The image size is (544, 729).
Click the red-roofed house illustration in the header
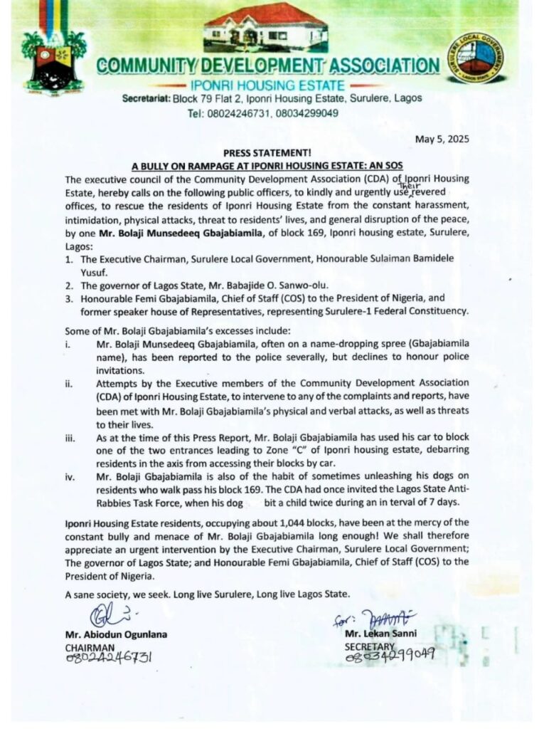(266, 27)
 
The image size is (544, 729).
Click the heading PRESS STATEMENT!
(272, 152)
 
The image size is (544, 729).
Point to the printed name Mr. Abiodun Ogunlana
(117, 634)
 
